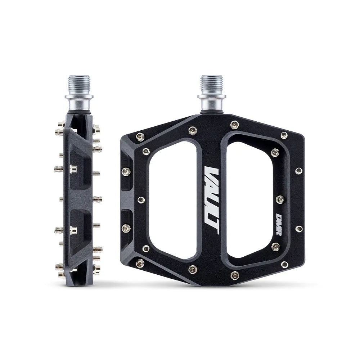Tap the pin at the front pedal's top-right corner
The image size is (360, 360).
(284, 135)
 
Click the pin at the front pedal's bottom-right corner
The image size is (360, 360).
(284, 265)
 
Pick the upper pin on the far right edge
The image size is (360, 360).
(298, 170)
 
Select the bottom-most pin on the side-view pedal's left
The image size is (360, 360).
(59, 267)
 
